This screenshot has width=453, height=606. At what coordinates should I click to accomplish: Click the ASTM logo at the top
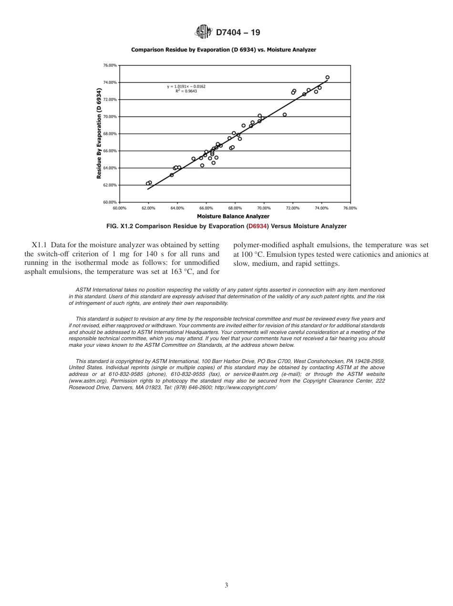coord(203,32)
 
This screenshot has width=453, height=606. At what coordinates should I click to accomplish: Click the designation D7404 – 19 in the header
coord(238,33)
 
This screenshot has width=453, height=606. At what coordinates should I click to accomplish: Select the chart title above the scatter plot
coord(224,50)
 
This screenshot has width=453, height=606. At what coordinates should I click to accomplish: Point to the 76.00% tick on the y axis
coord(110,65)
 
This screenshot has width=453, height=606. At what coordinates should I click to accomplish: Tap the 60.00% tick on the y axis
coord(110,202)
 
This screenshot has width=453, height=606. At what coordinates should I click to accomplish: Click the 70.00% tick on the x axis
coord(264,208)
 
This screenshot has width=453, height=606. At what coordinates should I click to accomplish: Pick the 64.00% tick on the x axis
coord(177,208)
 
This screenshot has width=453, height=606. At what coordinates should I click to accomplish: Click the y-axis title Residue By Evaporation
coord(99,133)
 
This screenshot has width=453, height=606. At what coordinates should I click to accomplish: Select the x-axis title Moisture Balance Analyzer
coord(233,216)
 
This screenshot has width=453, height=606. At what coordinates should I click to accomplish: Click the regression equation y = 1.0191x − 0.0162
coord(186,86)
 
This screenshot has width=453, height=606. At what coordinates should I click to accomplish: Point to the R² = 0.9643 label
coord(186,91)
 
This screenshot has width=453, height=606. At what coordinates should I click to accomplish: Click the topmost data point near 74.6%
coord(327,77)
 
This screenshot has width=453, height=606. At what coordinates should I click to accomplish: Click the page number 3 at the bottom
coord(226,586)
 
